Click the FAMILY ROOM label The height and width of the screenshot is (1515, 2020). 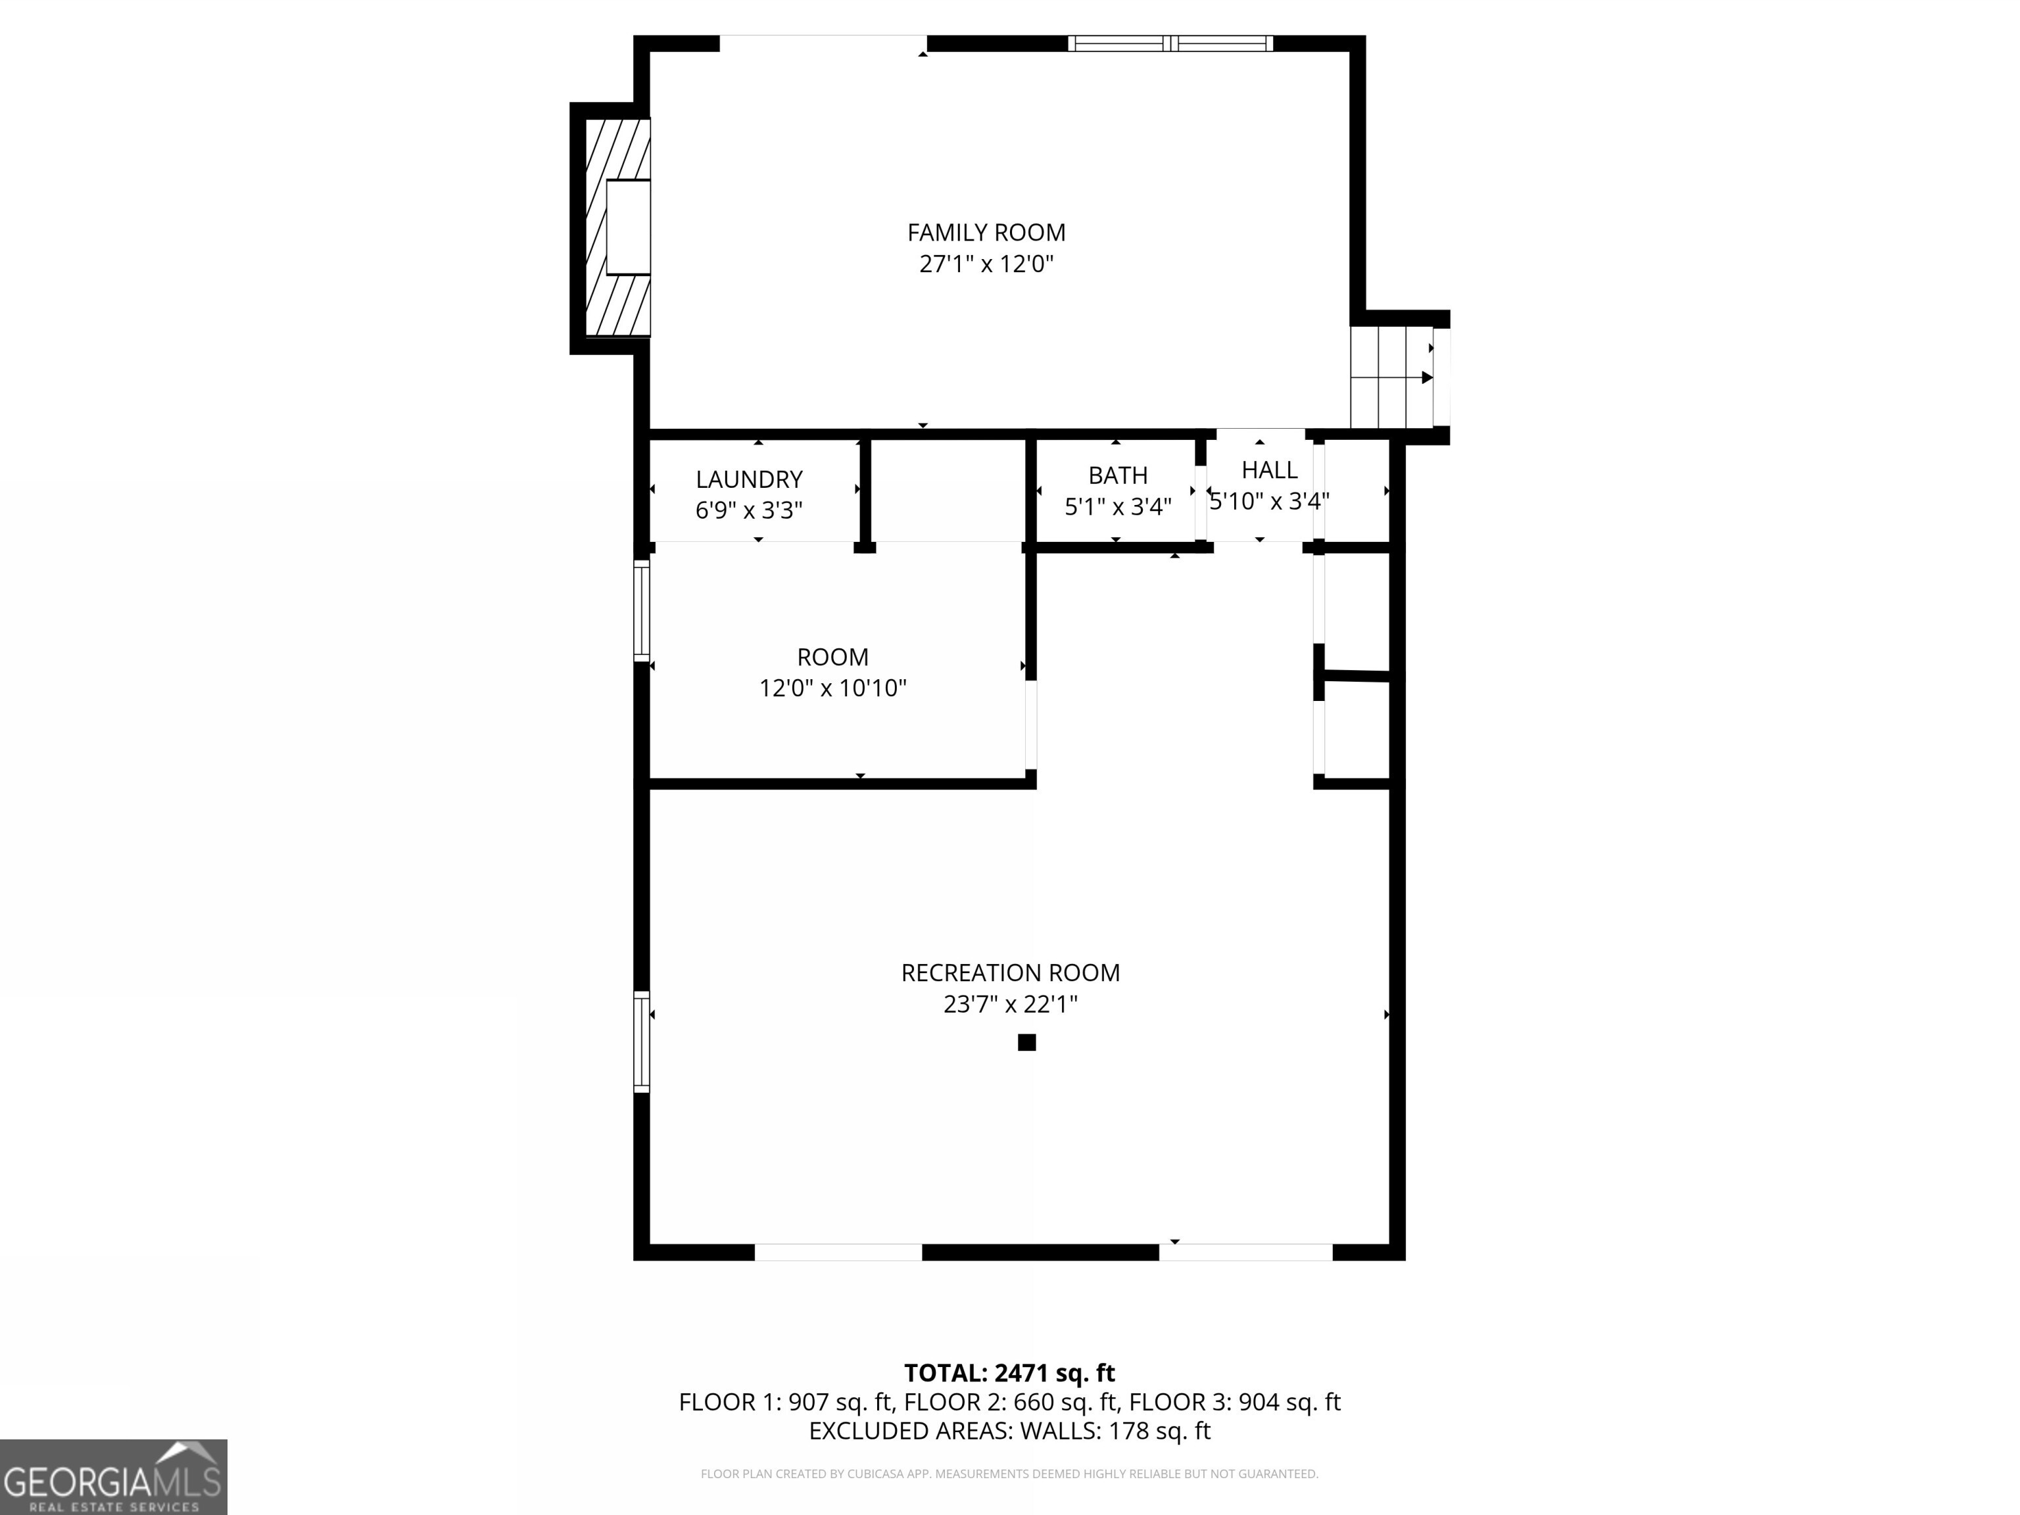(986, 233)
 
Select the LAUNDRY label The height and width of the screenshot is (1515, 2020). (749, 479)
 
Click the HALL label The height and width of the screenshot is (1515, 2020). (1268, 470)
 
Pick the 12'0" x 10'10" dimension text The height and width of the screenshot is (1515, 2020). (833, 688)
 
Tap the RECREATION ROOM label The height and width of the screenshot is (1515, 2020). (1010, 973)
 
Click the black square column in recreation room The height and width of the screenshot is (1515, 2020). (1026, 1042)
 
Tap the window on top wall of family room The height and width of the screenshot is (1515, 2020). (1170, 43)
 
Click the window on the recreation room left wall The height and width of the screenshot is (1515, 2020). (642, 1041)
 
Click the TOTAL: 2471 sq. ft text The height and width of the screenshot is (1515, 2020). (1009, 1372)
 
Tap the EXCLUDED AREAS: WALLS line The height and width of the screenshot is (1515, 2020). (1009, 1430)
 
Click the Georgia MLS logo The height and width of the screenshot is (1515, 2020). (113, 1477)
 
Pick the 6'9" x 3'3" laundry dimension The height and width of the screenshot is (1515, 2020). (749, 510)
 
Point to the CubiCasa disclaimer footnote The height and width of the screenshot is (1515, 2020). (1009, 1473)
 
